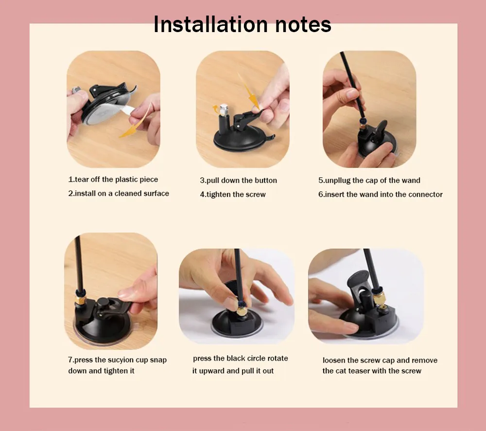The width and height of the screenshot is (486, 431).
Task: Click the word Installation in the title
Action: (x=210, y=24)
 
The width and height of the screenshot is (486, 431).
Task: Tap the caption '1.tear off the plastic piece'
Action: (x=113, y=180)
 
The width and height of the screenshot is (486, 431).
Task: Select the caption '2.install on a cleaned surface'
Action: (x=119, y=193)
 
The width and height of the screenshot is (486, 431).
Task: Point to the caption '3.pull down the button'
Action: (x=238, y=181)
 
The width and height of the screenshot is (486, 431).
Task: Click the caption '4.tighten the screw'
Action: (x=233, y=194)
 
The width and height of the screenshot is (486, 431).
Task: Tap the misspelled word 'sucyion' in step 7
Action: (x=121, y=360)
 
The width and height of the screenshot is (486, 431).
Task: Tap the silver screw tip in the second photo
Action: (x=224, y=109)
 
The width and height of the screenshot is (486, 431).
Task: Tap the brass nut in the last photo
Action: (x=378, y=300)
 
